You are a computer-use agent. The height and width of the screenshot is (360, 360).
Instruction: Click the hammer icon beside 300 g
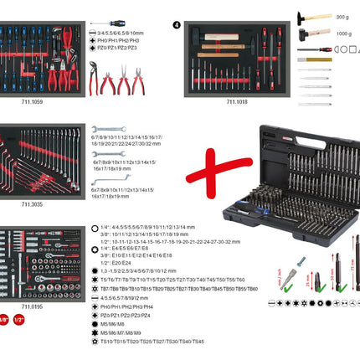pyautogui.click(x=302, y=17)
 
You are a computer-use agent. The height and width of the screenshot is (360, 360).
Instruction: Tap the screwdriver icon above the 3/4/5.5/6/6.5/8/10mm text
pyautogui.click(x=108, y=23)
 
